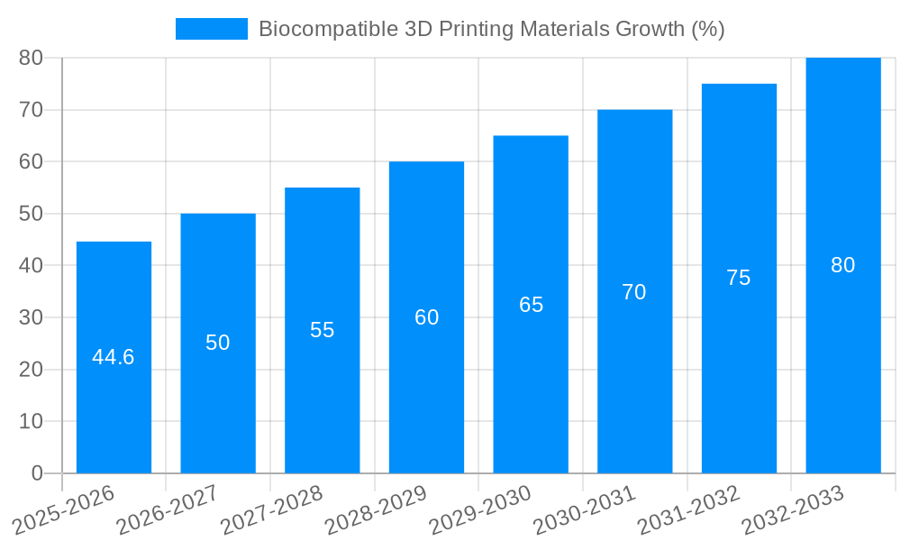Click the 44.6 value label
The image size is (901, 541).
[114, 357]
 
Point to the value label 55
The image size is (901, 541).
[322, 330]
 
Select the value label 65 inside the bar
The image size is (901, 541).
[531, 305]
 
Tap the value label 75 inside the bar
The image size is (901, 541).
[738, 278]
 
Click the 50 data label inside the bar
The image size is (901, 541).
[217, 343]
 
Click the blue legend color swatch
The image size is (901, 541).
[211, 29]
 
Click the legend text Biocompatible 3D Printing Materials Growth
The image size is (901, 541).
[491, 29]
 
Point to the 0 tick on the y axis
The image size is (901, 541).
[37, 473]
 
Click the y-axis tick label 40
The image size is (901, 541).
[31, 266]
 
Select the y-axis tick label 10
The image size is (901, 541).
[31, 422]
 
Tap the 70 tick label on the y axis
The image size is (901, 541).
[31, 110]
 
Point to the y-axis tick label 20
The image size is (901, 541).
[31, 370]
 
